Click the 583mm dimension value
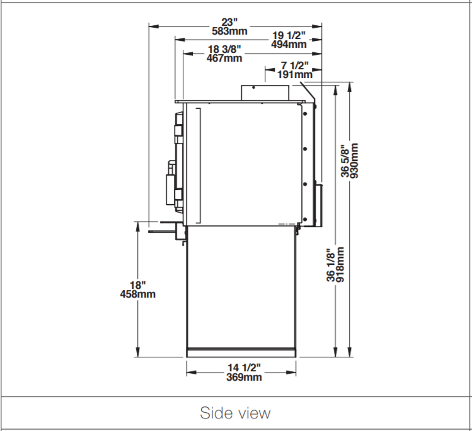(x=229, y=31)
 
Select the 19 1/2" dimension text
(x=289, y=35)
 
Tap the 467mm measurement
(x=224, y=58)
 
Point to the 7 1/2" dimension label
(x=295, y=65)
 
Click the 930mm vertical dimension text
(x=355, y=161)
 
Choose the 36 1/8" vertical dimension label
(x=330, y=265)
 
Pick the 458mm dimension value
(x=138, y=294)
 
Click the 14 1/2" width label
(x=244, y=367)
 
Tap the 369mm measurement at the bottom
(x=244, y=377)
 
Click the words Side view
(x=235, y=413)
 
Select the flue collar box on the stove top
(x=265, y=92)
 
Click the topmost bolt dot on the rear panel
(x=305, y=114)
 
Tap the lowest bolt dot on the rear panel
(x=305, y=219)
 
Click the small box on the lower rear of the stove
(x=319, y=205)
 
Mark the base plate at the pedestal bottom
(x=241, y=353)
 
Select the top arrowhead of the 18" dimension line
(x=138, y=227)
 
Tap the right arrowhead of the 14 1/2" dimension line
(x=291, y=372)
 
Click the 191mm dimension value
(x=295, y=74)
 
